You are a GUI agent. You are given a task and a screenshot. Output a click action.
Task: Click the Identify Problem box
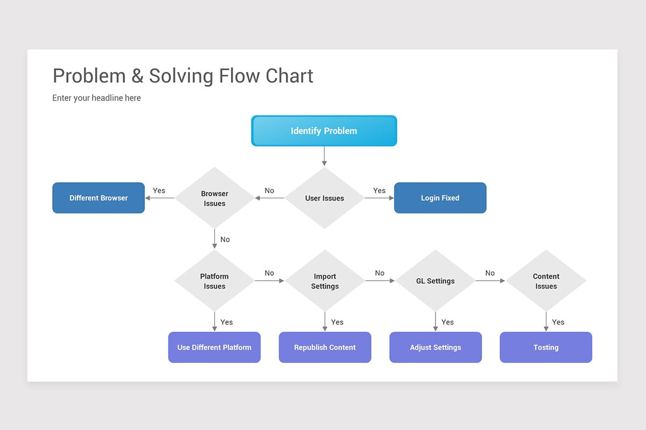click(x=324, y=131)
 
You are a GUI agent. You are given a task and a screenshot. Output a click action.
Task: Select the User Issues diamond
click(x=324, y=198)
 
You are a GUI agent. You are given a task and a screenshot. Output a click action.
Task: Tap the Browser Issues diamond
click(x=214, y=198)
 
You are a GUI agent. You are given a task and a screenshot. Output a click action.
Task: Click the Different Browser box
click(x=99, y=198)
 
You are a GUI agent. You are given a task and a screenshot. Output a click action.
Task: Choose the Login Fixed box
click(x=440, y=198)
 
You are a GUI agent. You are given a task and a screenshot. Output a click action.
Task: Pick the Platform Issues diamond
click(x=214, y=281)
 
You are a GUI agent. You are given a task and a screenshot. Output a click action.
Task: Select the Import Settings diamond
click(x=325, y=281)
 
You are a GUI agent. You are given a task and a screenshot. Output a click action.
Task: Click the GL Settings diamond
click(x=435, y=281)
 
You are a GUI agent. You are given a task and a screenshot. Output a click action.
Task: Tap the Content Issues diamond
click(x=546, y=281)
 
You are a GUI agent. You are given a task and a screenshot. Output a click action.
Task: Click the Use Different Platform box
click(x=214, y=347)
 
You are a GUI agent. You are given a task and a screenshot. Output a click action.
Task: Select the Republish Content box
click(x=325, y=347)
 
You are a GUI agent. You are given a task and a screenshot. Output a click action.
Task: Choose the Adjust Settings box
click(x=435, y=347)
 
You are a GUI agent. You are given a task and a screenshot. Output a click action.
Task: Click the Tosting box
click(x=546, y=347)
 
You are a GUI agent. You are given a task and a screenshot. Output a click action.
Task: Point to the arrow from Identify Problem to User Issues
click(x=324, y=156)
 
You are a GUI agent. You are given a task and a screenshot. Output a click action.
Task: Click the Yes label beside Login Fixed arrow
click(x=379, y=190)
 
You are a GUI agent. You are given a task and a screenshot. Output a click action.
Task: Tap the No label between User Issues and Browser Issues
click(x=269, y=190)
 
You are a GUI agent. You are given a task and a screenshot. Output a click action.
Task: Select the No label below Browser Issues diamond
click(x=225, y=239)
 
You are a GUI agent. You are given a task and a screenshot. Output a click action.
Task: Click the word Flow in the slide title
click(x=240, y=76)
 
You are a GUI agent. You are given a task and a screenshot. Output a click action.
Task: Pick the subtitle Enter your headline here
click(x=96, y=98)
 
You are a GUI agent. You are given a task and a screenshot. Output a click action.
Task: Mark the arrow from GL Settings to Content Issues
click(x=490, y=281)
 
